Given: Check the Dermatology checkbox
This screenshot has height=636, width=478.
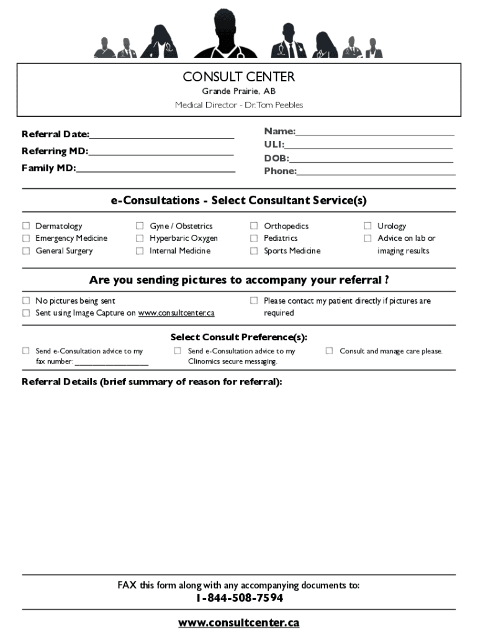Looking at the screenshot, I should point(26,226).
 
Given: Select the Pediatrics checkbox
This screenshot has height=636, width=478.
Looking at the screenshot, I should point(254,238).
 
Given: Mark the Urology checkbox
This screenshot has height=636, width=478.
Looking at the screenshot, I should point(368,226).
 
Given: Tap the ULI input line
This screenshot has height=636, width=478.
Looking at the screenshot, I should point(369,145).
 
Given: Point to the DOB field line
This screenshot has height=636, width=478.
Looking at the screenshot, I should point(371,158).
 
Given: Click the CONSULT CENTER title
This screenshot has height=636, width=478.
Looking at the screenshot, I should point(238,77).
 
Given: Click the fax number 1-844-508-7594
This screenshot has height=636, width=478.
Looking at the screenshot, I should point(239,598).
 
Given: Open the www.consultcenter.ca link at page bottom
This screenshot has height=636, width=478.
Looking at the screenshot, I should point(238,622).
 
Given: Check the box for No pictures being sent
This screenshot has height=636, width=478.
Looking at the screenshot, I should point(26,301).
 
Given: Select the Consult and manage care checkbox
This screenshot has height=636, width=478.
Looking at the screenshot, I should point(330,351).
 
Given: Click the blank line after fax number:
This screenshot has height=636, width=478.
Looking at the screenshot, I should point(112,362).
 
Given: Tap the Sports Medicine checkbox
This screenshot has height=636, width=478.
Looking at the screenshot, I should point(254,251).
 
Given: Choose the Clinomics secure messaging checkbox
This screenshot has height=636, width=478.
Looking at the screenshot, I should point(178,351).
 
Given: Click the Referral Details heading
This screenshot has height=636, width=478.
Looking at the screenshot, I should point(151,382).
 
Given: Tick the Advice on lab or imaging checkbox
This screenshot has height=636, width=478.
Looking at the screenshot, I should point(368,238).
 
